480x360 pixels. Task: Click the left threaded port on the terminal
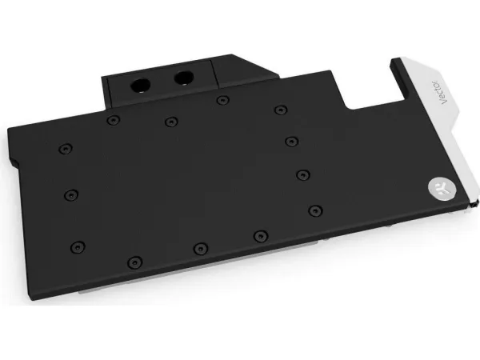tap(141, 86)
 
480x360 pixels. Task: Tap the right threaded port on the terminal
tap(184, 78)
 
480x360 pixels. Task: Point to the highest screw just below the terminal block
tap(222, 100)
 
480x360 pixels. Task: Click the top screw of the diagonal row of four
tap(281, 110)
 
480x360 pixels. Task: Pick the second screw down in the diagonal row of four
tap(291, 142)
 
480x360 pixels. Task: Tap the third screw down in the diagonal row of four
tap(303, 175)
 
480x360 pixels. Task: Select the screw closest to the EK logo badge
tap(315, 210)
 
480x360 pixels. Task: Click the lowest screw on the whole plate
tap(135, 262)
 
